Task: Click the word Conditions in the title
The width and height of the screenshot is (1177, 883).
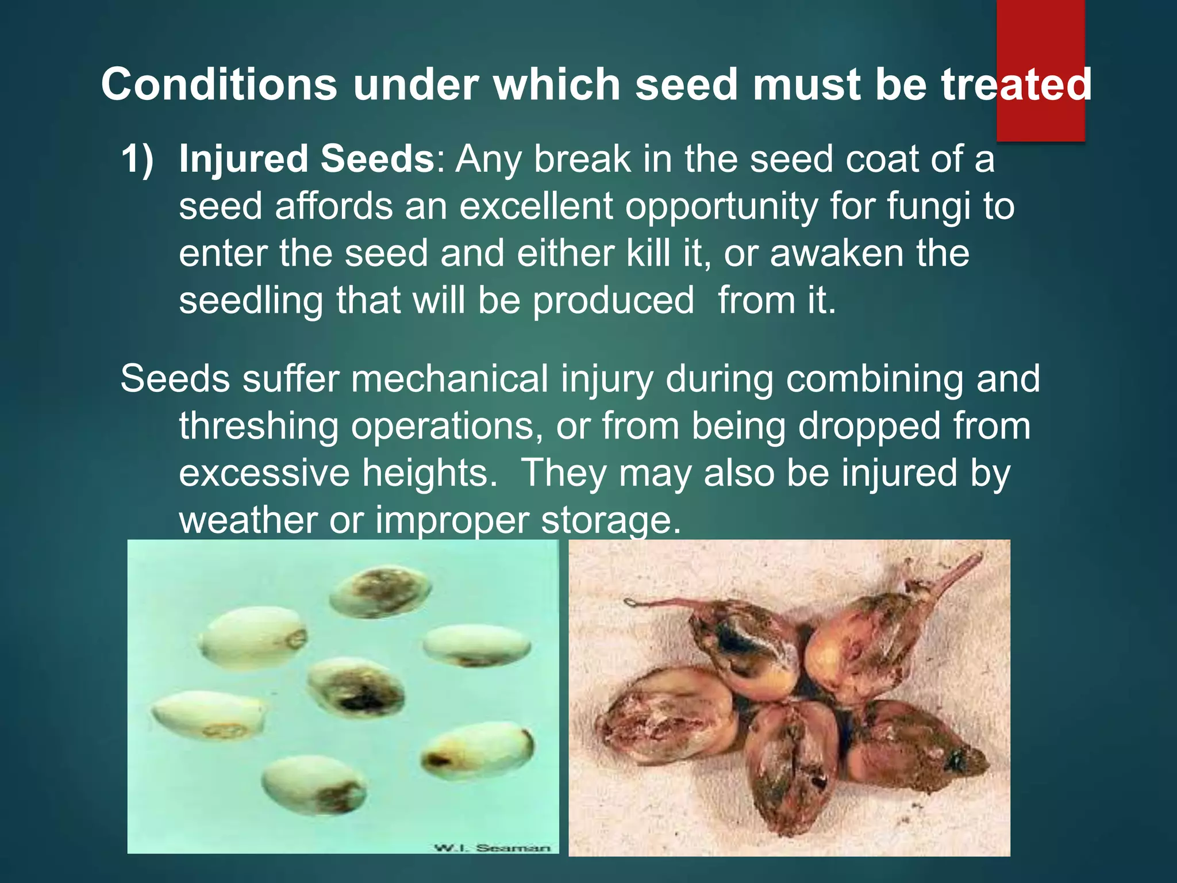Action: pyautogui.click(x=219, y=85)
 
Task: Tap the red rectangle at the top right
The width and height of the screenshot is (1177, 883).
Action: pyautogui.click(x=1040, y=34)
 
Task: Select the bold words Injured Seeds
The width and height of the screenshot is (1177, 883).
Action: pyautogui.click(x=306, y=159)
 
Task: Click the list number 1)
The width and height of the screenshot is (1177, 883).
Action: pyautogui.click(x=137, y=159)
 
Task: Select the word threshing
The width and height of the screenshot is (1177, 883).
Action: pyautogui.click(x=259, y=426)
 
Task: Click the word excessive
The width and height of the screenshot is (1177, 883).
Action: pyautogui.click(x=264, y=473)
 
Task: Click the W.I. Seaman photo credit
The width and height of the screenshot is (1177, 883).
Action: pyautogui.click(x=492, y=847)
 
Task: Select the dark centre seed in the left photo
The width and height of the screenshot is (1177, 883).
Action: pyautogui.click(x=356, y=688)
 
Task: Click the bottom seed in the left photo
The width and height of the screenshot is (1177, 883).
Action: pyautogui.click(x=314, y=784)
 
